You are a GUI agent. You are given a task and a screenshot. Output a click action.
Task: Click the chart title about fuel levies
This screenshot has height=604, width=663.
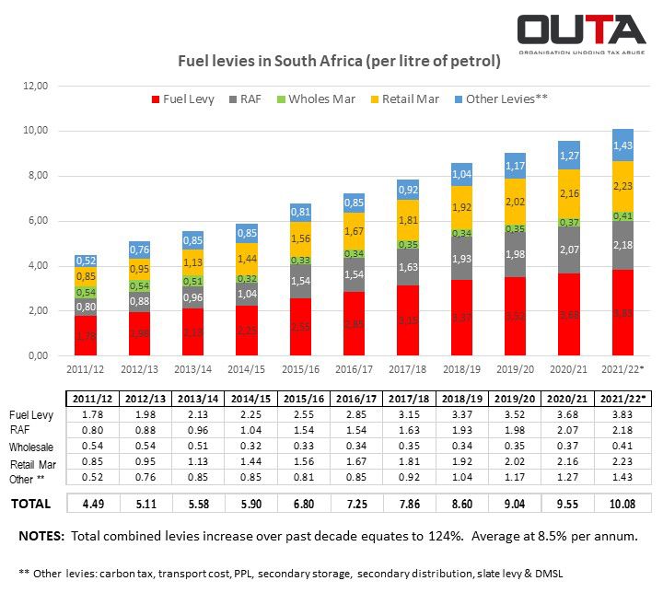[x=338, y=63]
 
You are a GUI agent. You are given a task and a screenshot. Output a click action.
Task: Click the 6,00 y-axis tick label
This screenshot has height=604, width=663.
[x=38, y=221]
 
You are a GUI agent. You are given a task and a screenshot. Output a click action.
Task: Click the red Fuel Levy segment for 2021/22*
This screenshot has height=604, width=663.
[x=623, y=312]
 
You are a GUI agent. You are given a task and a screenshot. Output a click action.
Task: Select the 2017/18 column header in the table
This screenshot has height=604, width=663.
[x=410, y=398]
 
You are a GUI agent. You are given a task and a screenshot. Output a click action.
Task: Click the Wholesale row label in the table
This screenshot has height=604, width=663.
[x=32, y=447]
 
